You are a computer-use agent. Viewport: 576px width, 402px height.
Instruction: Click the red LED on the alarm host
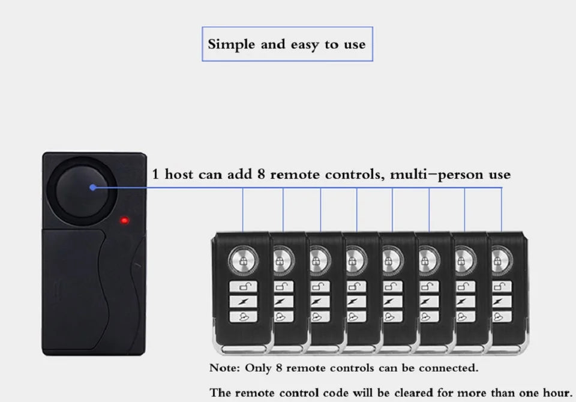click(125, 220)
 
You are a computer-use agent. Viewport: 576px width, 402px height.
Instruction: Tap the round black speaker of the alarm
click(82, 191)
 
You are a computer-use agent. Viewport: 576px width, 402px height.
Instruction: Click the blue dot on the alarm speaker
click(92, 187)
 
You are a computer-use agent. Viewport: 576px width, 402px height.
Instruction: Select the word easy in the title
click(305, 45)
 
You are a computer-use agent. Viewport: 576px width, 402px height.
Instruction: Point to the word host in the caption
click(179, 174)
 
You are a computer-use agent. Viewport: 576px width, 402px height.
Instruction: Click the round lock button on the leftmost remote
click(243, 260)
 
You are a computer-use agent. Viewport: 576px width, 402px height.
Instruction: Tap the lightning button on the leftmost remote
click(243, 302)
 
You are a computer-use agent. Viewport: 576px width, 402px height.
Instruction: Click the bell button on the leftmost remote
click(243, 316)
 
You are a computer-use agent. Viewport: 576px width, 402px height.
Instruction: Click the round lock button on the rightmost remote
click(502, 260)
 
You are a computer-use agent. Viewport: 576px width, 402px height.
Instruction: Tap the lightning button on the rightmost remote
click(502, 302)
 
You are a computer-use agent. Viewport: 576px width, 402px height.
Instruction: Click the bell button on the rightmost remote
click(502, 316)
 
